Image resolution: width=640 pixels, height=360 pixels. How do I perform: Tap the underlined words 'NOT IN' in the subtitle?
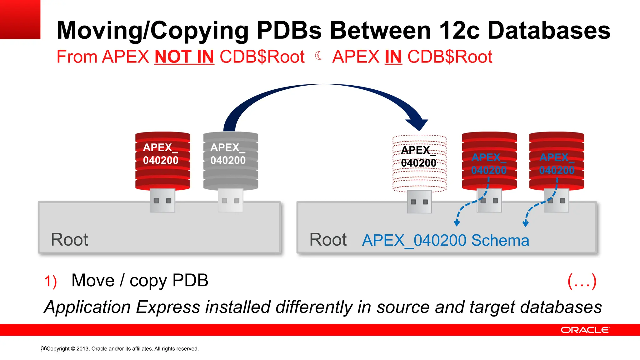[x=184, y=57]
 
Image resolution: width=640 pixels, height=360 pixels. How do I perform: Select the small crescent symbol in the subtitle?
[x=318, y=56]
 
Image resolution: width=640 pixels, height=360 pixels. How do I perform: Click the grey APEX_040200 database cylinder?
[x=231, y=161]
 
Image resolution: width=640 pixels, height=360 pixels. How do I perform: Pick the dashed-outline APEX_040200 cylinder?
[x=419, y=163]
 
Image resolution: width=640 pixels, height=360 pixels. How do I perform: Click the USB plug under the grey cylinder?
[x=231, y=200]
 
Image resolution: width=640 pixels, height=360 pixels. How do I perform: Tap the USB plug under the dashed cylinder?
[x=419, y=202]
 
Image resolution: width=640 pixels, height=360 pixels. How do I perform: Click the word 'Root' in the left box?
[x=69, y=240]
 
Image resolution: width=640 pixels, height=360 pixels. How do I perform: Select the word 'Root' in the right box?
[x=328, y=240]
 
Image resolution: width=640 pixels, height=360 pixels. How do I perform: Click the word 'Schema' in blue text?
[x=500, y=241]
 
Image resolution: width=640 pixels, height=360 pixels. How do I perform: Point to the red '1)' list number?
[x=50, y=281]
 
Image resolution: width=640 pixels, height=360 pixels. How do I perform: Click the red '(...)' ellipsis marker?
[x=582, y=281]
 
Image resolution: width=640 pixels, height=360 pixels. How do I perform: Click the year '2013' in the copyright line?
[x=82, y=349]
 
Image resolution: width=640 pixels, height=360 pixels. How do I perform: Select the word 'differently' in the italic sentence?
[x=314, y=307]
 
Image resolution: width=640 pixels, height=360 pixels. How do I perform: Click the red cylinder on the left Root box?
[x=162, y=161]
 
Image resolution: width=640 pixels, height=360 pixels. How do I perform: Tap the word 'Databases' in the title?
[x=549, y=31]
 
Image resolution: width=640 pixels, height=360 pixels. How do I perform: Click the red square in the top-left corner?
[x=20, y=19]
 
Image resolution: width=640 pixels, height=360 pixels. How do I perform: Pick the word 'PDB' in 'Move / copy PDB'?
[x=190, y=280]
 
